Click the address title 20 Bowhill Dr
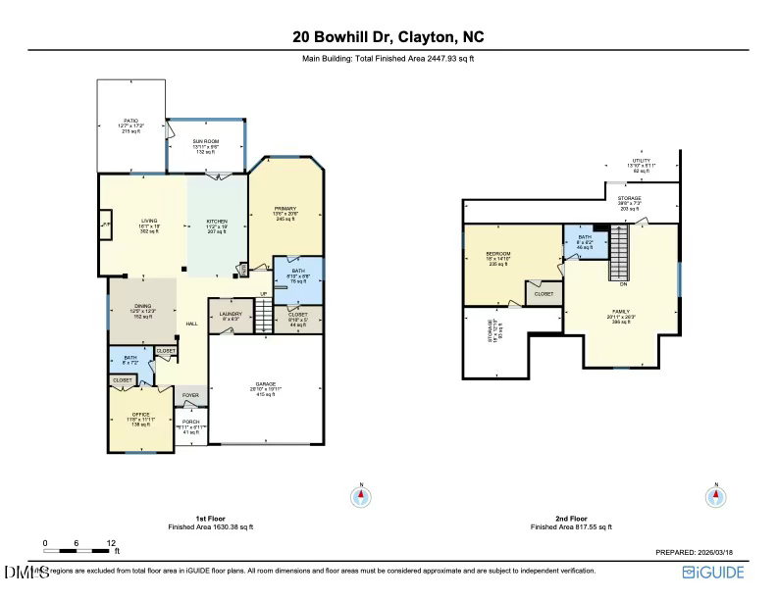tap(388, 37)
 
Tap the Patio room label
tap(131, 126)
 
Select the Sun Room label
tap(205, 147)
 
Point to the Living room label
tap(149, 226)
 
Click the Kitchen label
tap(217, 226)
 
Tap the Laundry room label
tap(231, 314)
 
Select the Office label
tap(141, 420)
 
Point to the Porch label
tap(190, 426)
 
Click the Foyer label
tap(190, 395)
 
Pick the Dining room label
tap(143, 312)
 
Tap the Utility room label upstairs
tap(642, 165)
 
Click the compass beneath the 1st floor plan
tap(361, 497)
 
